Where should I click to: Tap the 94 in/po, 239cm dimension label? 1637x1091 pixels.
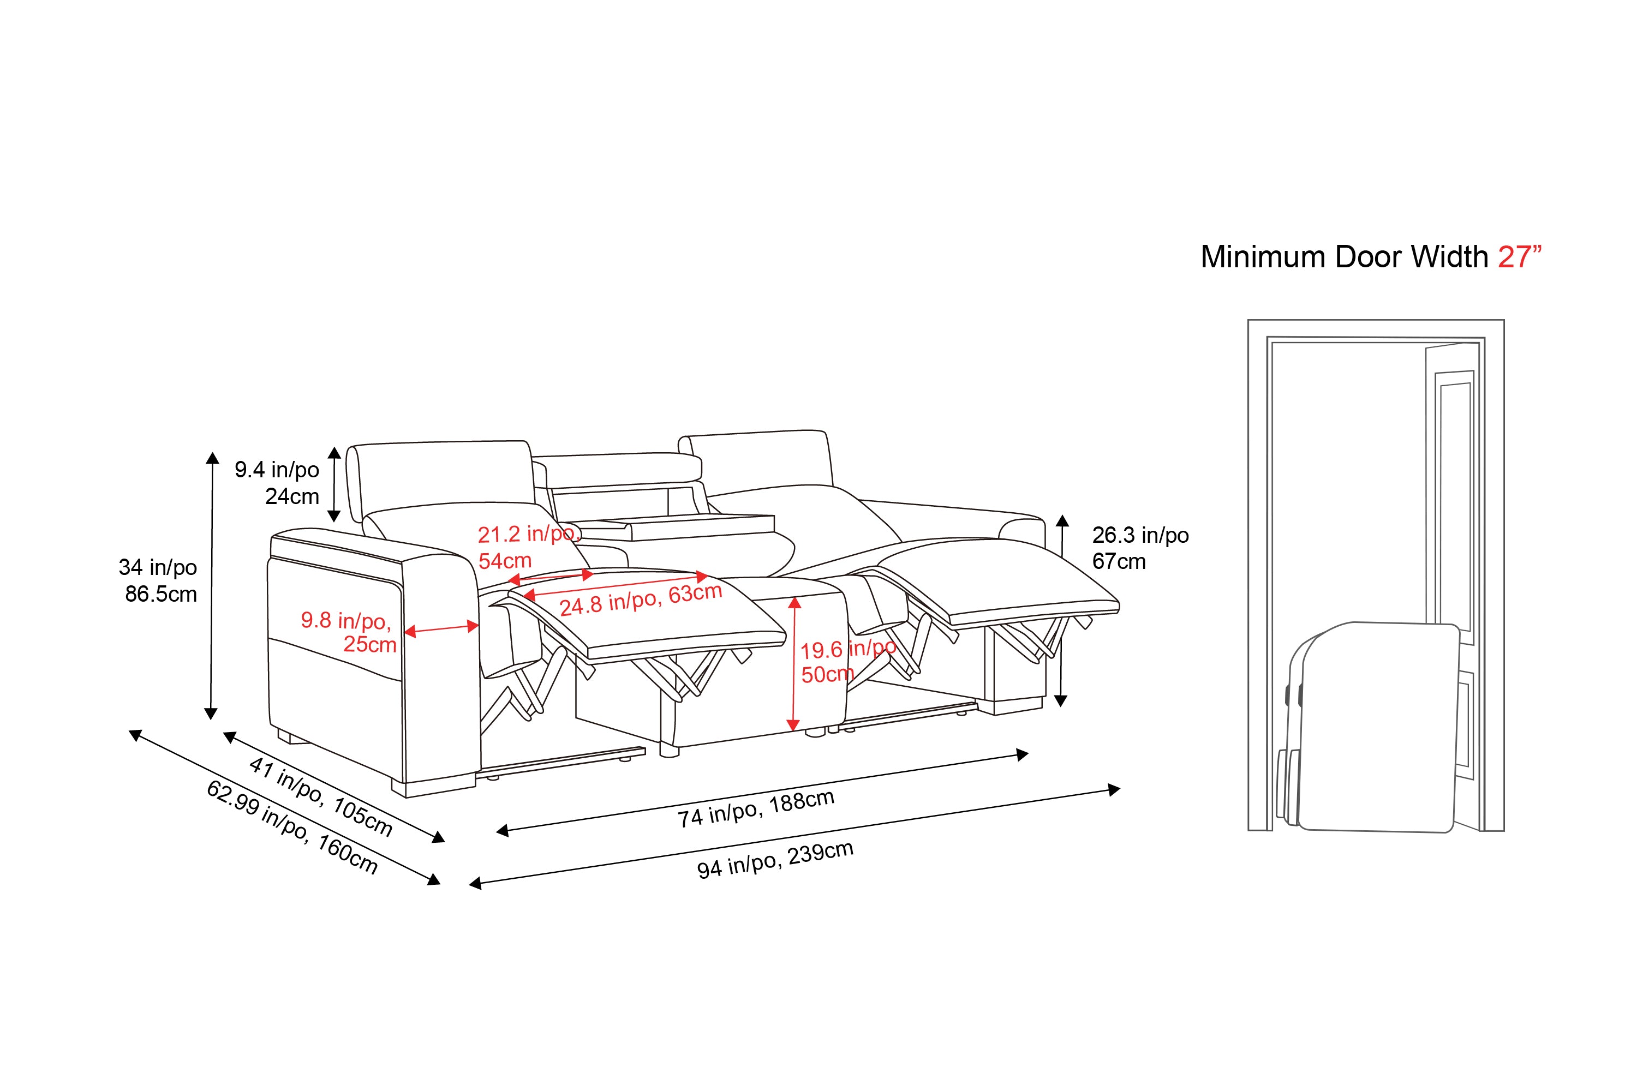[x=775, y=860]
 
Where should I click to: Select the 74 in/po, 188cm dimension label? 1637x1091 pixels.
[x=756, y=809]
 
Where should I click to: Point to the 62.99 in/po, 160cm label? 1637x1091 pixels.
[x=292, y=828]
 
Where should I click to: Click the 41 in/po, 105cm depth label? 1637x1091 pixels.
[x=321, y=796]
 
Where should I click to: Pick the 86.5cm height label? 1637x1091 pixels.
[x=161, y=594]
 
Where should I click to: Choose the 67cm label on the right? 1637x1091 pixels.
[x=1119, y=561]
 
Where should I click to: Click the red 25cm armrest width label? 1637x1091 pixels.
[x=369, y=644]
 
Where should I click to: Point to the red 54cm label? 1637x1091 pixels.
[x=505, y=561]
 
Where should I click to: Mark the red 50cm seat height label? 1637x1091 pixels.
[x=827, y=674]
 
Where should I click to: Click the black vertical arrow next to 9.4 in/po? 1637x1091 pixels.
[x=334, y=484]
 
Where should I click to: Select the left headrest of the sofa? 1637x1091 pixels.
[x=443, y=480]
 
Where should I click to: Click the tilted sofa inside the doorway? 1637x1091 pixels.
[x=1369, y=727]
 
